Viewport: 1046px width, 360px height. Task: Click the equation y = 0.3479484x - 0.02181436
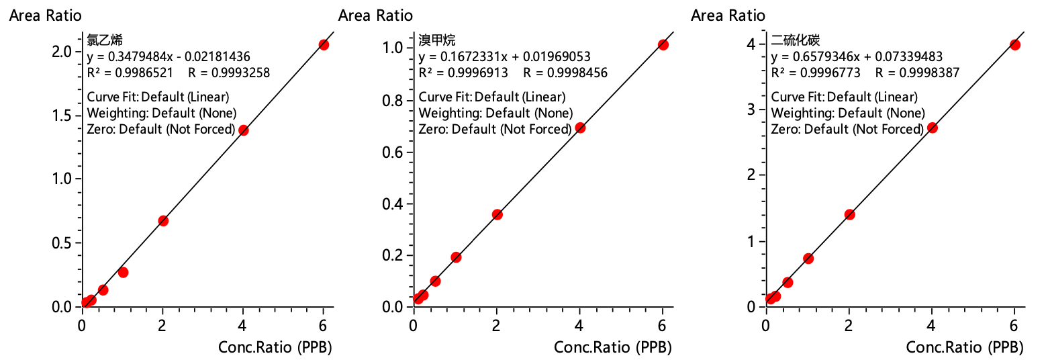pos(178,56)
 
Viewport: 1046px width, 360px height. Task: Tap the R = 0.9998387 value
pos(918,73)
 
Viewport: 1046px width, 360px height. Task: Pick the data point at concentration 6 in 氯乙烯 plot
pos(324,45)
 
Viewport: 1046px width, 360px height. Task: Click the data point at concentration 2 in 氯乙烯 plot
pos(162,221)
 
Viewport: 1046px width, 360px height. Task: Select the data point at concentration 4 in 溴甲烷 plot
pos(580,128)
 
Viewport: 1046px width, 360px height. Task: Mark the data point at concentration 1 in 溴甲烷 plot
pos(456,257)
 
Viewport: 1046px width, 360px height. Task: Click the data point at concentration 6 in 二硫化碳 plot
pos(1014,45)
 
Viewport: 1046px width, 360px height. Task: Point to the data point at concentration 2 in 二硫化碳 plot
pos(849,214)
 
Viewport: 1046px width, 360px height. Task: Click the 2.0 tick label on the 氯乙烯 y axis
pos(62,52)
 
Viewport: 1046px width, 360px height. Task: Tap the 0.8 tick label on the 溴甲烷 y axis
pos(393,100)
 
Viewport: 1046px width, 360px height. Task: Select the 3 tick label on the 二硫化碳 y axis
pos(751,109)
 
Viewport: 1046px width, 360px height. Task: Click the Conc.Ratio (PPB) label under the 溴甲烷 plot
pos(612,347)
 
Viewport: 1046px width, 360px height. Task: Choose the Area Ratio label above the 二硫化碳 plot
pos(728,15)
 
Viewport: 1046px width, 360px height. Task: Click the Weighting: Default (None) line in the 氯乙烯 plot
pos(162,113)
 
